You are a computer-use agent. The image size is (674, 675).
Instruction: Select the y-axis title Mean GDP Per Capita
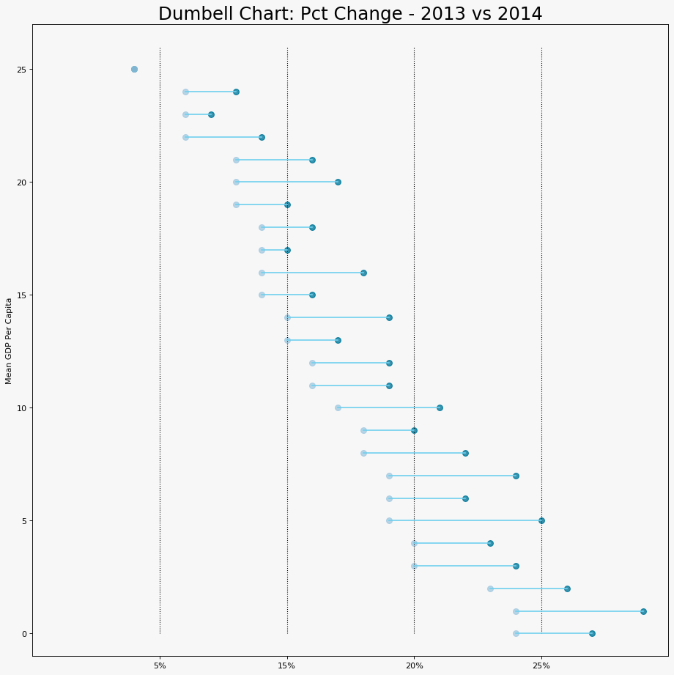(x=9, y=340)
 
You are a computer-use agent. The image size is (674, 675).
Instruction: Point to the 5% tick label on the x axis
(x=160, y=665)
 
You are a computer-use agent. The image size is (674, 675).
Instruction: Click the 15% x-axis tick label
(x=287, y=665)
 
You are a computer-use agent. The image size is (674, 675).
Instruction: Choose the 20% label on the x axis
(x=414, y=665)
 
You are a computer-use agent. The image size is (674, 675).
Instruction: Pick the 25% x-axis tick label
(x=541, y=665)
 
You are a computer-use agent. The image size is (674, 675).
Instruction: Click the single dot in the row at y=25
(x=134, y=70)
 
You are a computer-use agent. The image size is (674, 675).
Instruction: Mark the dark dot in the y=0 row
(x=592, y=633)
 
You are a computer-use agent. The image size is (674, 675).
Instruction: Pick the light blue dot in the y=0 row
(x=516, y=633)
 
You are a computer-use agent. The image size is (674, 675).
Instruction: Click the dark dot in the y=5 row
(x=541, y=520)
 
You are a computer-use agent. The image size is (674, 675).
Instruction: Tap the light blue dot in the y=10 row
(x=338, y=407)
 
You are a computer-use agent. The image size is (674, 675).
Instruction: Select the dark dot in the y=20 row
(x=338, y=182)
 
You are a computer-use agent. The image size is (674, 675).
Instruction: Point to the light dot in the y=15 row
(x=262, y=295)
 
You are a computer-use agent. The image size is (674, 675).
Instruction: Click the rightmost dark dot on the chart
(x=643, y=611)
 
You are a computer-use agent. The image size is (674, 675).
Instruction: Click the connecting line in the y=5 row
(x=465, y=520)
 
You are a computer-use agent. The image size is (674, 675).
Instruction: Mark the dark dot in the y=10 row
(x=440, y=407)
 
